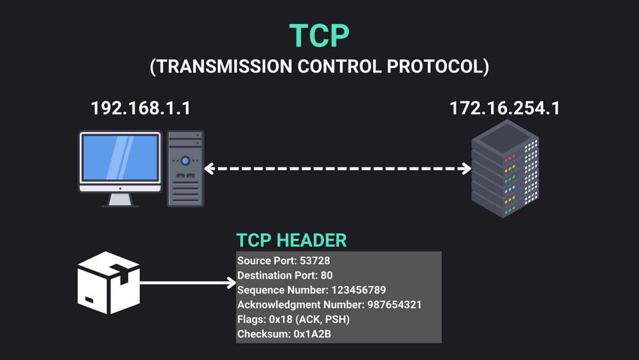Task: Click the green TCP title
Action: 319,36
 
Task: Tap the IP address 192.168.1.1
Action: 141,108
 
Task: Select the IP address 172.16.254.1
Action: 505,108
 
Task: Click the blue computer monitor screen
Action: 120,157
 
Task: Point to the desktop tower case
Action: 185,169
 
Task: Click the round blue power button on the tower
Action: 185,160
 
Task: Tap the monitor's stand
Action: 120,200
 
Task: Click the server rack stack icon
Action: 505,169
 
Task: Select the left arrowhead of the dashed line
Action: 209,169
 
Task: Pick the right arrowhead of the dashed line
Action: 466,169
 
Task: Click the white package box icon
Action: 109,282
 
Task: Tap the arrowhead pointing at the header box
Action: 231,282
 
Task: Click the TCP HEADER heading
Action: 291,240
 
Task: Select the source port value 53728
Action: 315,261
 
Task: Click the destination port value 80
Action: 327,275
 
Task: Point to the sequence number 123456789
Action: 359,290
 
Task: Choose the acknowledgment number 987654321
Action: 395,304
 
